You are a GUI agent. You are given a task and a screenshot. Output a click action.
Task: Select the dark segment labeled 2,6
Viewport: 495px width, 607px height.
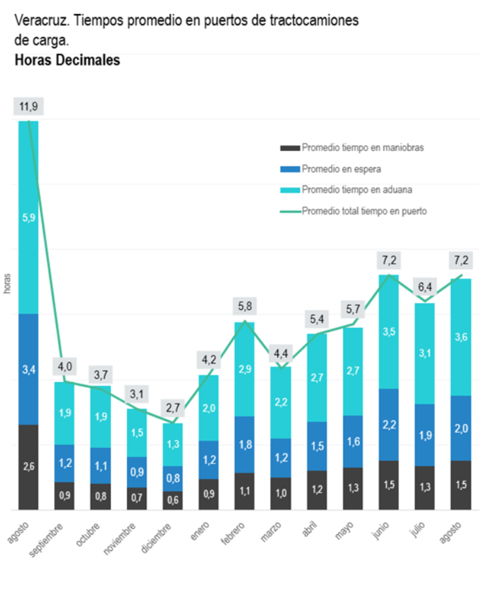(x=28, y=467)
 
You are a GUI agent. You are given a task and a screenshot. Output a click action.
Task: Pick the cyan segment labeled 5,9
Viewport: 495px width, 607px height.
(x=28, y=217)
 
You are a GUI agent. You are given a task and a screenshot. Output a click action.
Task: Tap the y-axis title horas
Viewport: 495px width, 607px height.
(x=7, y=284)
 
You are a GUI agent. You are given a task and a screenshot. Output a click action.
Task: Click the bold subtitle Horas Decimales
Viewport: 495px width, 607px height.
(x=67, y=60)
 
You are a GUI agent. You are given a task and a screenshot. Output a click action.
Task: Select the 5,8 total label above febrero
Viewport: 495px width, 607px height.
(x=245, y=307)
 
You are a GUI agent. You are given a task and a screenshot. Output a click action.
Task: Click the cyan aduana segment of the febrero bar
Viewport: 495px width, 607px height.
(x=245, y=369)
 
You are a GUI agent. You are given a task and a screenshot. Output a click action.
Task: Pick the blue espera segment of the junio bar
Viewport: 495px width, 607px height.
(x=389, y=425)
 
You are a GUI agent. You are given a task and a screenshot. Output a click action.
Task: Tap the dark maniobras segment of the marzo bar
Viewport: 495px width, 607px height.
(x=281, y=493)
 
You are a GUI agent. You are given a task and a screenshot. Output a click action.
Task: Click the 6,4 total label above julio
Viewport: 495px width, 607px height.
(x=425, y=287)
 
